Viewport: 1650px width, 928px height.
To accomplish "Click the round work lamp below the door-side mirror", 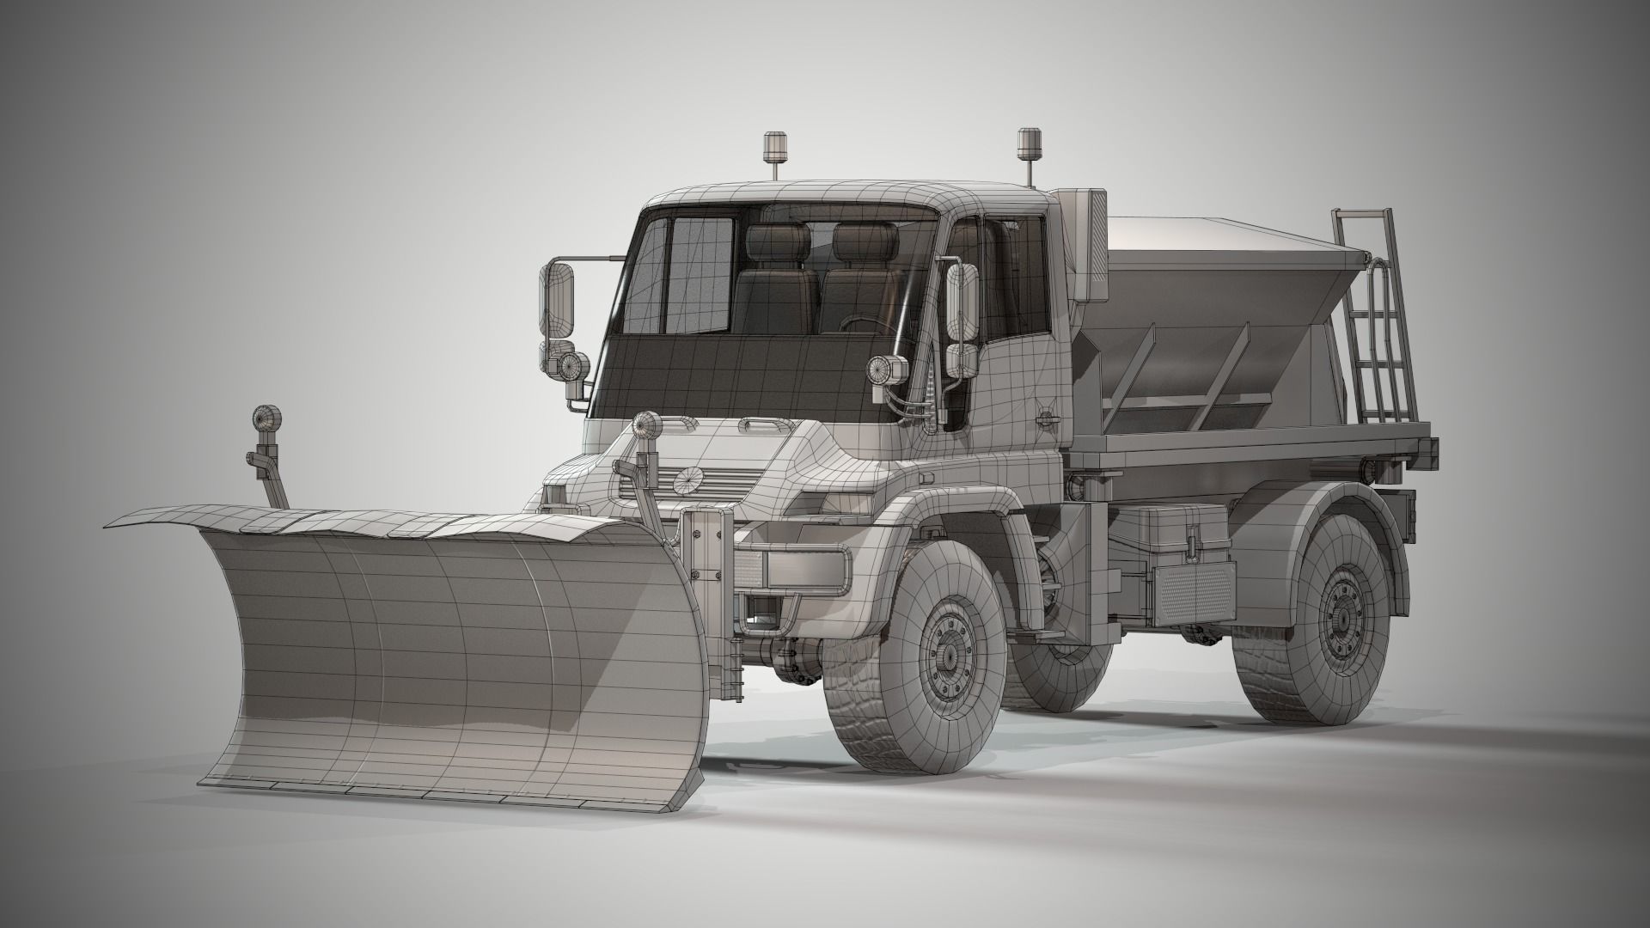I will coord(881,369).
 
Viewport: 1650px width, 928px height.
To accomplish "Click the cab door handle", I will coord(1048,418).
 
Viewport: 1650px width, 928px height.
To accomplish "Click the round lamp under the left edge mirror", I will coord(575,366).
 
